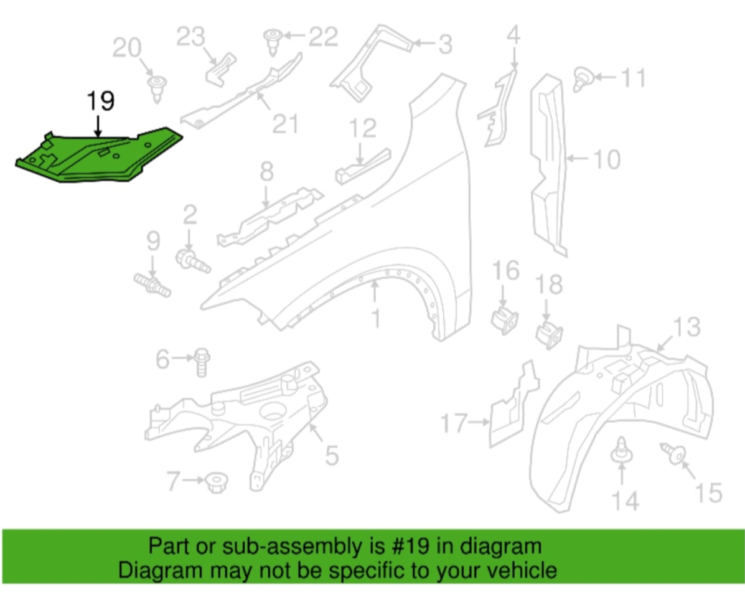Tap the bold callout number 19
point(100,101)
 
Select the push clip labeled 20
point(157,87)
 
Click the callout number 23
point(190,37)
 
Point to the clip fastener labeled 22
point(272,40)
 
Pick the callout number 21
point(286,125)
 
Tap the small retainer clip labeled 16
point(505,319)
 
